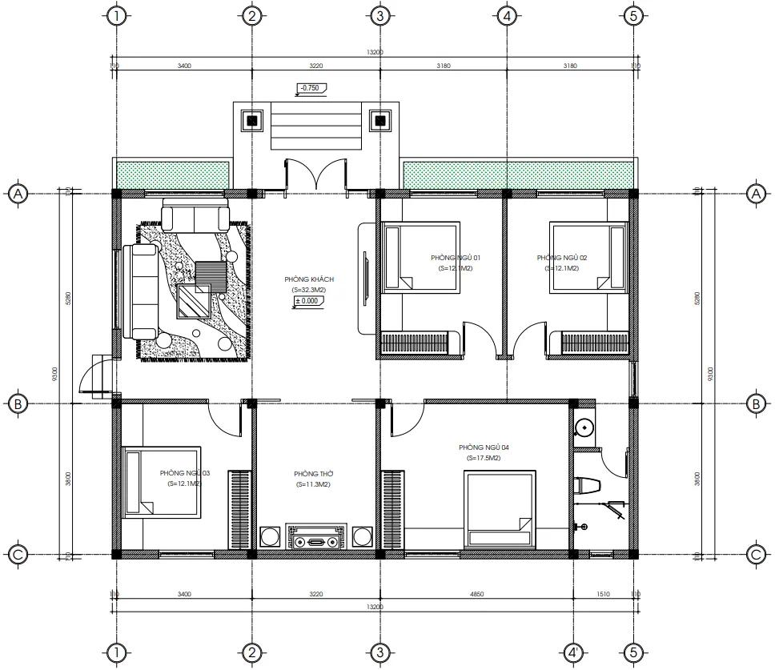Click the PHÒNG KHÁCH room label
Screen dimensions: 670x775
(x=309, y=279)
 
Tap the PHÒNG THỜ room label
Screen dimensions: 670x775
(x=312, y=475)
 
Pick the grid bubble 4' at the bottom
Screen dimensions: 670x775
(x=573, y=652)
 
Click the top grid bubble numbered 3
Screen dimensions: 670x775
(x=380, y=15)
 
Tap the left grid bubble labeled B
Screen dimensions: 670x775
(x=17, y=404)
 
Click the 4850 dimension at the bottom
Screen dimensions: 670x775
(x=476, y=595)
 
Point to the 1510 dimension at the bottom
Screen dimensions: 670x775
(x=604, y=595)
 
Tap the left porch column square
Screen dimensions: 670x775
(x=252, y=122)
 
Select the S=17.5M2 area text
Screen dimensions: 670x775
(x=484, y=459)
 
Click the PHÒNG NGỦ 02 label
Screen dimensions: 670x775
(x=562, y=258)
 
